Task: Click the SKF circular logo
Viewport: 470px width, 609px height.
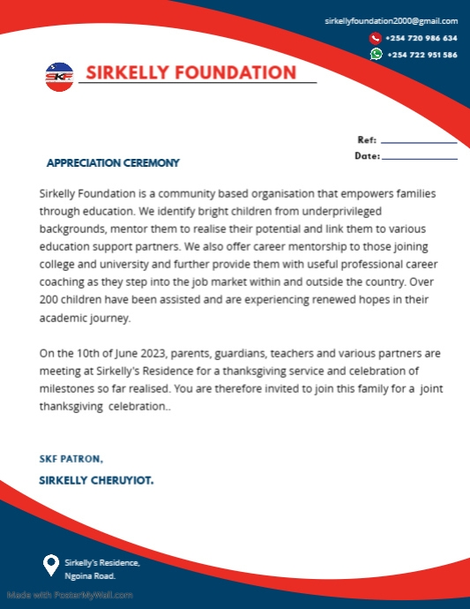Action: (60, 75)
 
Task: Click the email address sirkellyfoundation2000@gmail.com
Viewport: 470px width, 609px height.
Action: (391, 20)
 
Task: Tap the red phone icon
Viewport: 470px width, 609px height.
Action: (376, 38)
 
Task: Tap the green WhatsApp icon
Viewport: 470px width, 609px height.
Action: (376, 54)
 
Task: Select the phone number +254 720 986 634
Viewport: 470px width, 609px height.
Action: (422, 38)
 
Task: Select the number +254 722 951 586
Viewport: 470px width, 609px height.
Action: (422, 55)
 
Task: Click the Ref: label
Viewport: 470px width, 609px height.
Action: (367, 139)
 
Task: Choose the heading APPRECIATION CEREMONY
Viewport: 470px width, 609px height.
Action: (112, 162)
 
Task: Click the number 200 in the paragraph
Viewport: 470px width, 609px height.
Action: (50, 304)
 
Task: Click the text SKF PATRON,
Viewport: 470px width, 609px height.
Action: (71, 459)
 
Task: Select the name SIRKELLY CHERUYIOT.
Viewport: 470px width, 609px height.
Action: (96, 480)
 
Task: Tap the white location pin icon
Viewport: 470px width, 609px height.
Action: (51, 564)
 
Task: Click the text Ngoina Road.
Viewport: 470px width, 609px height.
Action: (89, 575)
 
